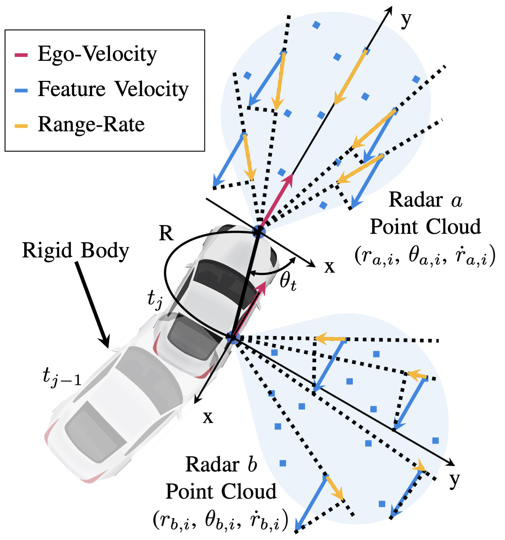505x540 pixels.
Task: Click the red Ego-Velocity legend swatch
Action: [x=21, y=55]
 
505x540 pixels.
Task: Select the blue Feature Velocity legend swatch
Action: [x=21, y=90]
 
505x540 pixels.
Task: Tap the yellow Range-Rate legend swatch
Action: [x=21, y=126]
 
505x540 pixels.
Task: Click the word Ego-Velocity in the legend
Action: [x=97, y=54]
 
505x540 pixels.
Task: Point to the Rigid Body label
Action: [x=75, y=250]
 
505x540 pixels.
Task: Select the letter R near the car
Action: [x=166, y=233]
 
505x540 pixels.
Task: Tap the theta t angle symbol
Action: [x=288, y=281]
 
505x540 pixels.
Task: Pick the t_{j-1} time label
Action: [x=62, y=377]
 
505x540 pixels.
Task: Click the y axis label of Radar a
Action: [x=406, y=20]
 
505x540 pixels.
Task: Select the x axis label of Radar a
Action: [x=330, y=267]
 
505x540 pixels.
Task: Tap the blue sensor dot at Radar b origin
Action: [x=232, y=338]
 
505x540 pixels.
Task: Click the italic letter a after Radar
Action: [x=456, y=201]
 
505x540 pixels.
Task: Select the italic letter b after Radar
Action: [x=252, y=465]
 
